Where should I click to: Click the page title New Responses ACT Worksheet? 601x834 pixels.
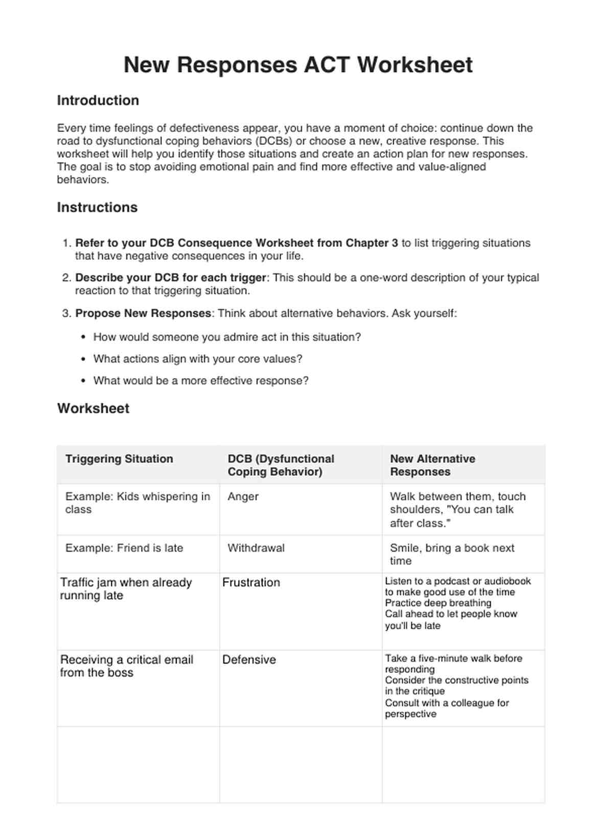298,65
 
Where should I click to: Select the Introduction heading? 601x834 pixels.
98,100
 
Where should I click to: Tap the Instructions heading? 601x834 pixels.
97,207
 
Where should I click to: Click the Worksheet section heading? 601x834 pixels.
93,408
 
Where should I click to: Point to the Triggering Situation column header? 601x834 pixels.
119,459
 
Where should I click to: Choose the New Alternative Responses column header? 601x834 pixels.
432,465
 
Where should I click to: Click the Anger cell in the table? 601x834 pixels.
243,496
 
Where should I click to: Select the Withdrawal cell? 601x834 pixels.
256,548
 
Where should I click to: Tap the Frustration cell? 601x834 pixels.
251,582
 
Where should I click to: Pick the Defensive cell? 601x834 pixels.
249,660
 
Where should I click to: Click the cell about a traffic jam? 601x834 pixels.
126,589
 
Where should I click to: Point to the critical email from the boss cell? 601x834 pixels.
126,666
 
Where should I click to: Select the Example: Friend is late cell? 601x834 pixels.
124,548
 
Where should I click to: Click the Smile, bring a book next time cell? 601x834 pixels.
452,554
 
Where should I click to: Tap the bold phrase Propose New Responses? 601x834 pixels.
143,313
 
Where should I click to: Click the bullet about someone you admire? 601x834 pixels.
227,337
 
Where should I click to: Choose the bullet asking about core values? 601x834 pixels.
198,359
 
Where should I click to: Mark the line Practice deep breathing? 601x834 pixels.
438,603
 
